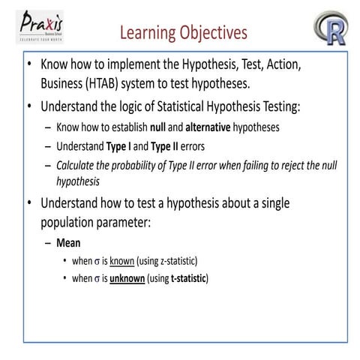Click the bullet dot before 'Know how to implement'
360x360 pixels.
click(29, 65)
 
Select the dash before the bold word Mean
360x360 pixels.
click(48, 243)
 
